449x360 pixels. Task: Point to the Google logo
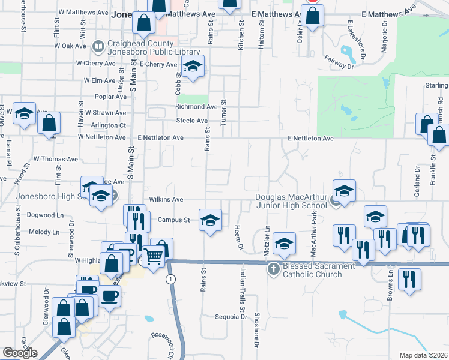[x=19, y=353]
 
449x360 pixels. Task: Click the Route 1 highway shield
[x=172, y=280]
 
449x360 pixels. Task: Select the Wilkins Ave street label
[x=166, y=199]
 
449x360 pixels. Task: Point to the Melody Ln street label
[x=47, y=232]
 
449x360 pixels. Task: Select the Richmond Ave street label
[x=196, y=107]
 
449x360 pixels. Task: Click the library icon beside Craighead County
[x=98, y=46]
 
